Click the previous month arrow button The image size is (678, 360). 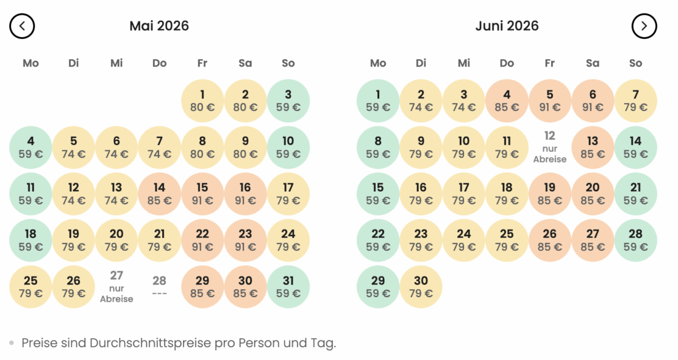(x=22, y=26)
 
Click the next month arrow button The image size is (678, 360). (x=644, y=26)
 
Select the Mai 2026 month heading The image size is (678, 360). (x=159, y=26)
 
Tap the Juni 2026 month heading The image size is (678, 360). (x=507, y=26)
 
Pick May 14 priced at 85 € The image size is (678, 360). (x=160, y=194)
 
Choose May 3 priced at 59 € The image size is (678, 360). (x=288, y=101)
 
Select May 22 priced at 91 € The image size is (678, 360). (x=202, y=240)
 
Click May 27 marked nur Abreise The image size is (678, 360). (x=116, y=286)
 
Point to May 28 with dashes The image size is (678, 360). (x=160, y=286)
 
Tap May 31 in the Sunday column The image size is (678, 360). (x=288, y=286)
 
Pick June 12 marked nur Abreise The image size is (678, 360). (x=550, y=147)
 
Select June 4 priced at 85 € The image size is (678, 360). (x=507, y=101)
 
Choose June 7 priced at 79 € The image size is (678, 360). (x=635, y=101)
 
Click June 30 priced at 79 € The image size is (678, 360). (x=421, y=286)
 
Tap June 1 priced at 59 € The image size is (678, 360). (x=378, y=101)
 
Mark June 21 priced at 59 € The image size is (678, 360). (x=635, y=194)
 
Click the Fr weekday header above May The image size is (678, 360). (x=202, y=63)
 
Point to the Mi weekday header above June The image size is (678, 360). (x=464, y=63)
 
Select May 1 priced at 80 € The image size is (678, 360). (x=202, y=101)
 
